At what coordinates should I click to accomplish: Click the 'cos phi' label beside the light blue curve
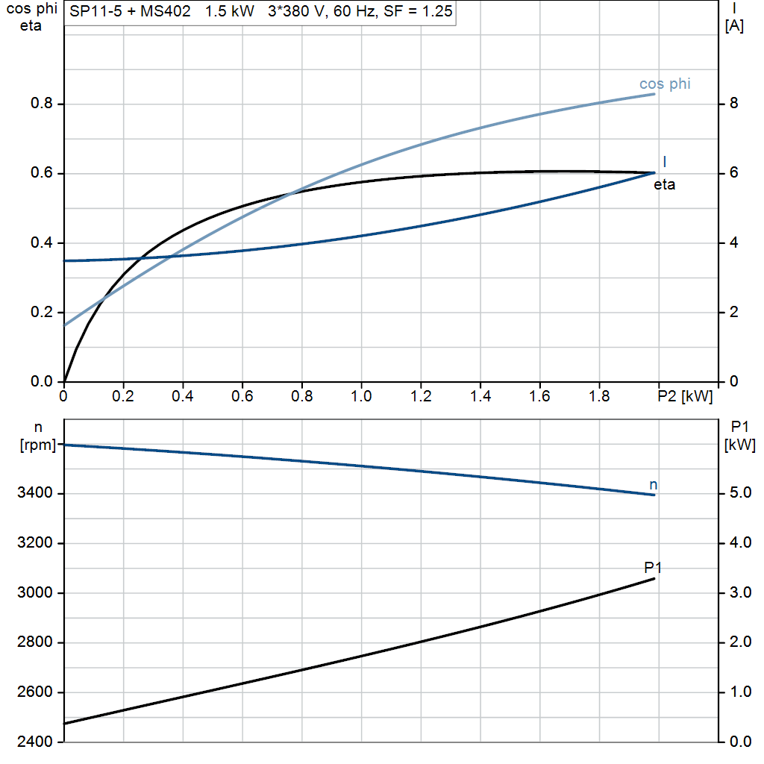[x=665, y=84]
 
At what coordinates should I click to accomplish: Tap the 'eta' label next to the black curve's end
[x=664, y=185]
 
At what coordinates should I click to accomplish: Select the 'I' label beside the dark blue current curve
[x=665, y=162]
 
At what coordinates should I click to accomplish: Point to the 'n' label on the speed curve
[x=654, y=485]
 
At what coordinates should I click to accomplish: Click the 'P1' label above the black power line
[x=653, y=568]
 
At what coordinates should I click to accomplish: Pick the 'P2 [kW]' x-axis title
[x=685, y=397]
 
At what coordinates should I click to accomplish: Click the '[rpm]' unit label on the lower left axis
[x=38, y=445]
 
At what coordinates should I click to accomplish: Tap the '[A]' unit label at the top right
[x=734, y=26]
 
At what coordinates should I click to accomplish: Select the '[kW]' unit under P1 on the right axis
[x=739, y=445]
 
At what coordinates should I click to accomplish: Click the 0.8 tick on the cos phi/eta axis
[x=42, y=103]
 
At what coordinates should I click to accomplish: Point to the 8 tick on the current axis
[x=734, y=103]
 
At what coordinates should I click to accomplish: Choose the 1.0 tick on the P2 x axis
[x=361, y=396]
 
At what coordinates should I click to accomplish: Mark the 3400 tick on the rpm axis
[x=34, y=493]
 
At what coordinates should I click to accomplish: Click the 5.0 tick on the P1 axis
[x=740, y=493]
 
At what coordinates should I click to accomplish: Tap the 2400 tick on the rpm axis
[x=34, y=742]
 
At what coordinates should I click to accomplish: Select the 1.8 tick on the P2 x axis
[x=599, y=396]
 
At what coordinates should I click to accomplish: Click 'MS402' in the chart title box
[x=166, y=11]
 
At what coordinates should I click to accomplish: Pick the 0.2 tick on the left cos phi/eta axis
[x=42, y=312]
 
